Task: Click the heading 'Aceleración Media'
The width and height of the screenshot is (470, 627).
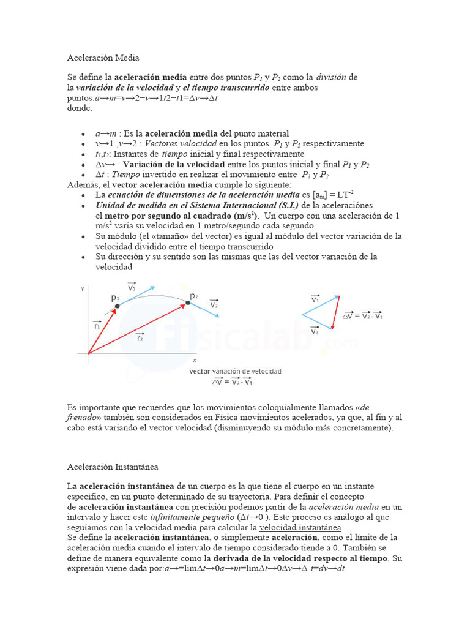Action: tap(103, 58)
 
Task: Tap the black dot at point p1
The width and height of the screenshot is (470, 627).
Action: tap(117, 305)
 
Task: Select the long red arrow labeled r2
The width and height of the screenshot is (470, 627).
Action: tap(138, 328)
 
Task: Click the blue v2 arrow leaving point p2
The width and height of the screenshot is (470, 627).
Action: tap(204, 309)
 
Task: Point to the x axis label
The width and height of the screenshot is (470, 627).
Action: tap(195, 360)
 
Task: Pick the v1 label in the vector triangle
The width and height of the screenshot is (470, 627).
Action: tap(315, 299)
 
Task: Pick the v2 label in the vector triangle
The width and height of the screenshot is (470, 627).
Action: tap(315, 331)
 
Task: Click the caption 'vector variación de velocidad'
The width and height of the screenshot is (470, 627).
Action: tap(236, 371)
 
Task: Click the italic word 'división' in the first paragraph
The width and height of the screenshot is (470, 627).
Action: tap(331, 77)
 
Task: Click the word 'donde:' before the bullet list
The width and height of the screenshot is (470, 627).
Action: tap(80, 108)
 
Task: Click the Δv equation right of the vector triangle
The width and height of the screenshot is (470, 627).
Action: tap(363, 315)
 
